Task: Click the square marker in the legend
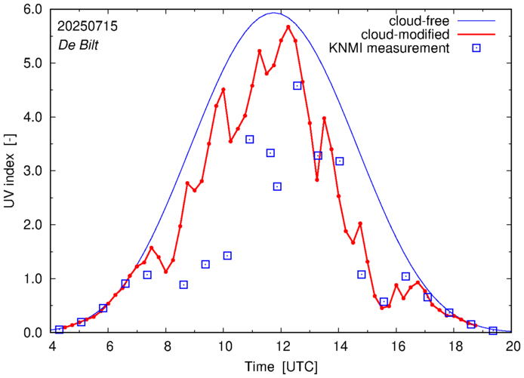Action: pyautogui.click(x=476, y=49)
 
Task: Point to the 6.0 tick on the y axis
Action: pyautogui.click(x=32, y=10)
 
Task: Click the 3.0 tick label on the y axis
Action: pyautogui.click(x=32, y=171)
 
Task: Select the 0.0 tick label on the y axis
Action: pyautogui.click(x=32, y=333)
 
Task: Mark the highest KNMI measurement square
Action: pyautogui.click(x=297, y=86)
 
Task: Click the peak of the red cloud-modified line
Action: pyautogui.click(x=288, y=26)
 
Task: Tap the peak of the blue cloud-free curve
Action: pyautogui.click(x=274, y=13)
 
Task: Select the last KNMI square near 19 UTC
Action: pyautogui.click(x=493, y=330)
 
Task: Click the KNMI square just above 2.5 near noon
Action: pyautogui.click(x=277, y=186)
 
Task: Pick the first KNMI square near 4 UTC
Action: pyautogui.click(x=59, y=330)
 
